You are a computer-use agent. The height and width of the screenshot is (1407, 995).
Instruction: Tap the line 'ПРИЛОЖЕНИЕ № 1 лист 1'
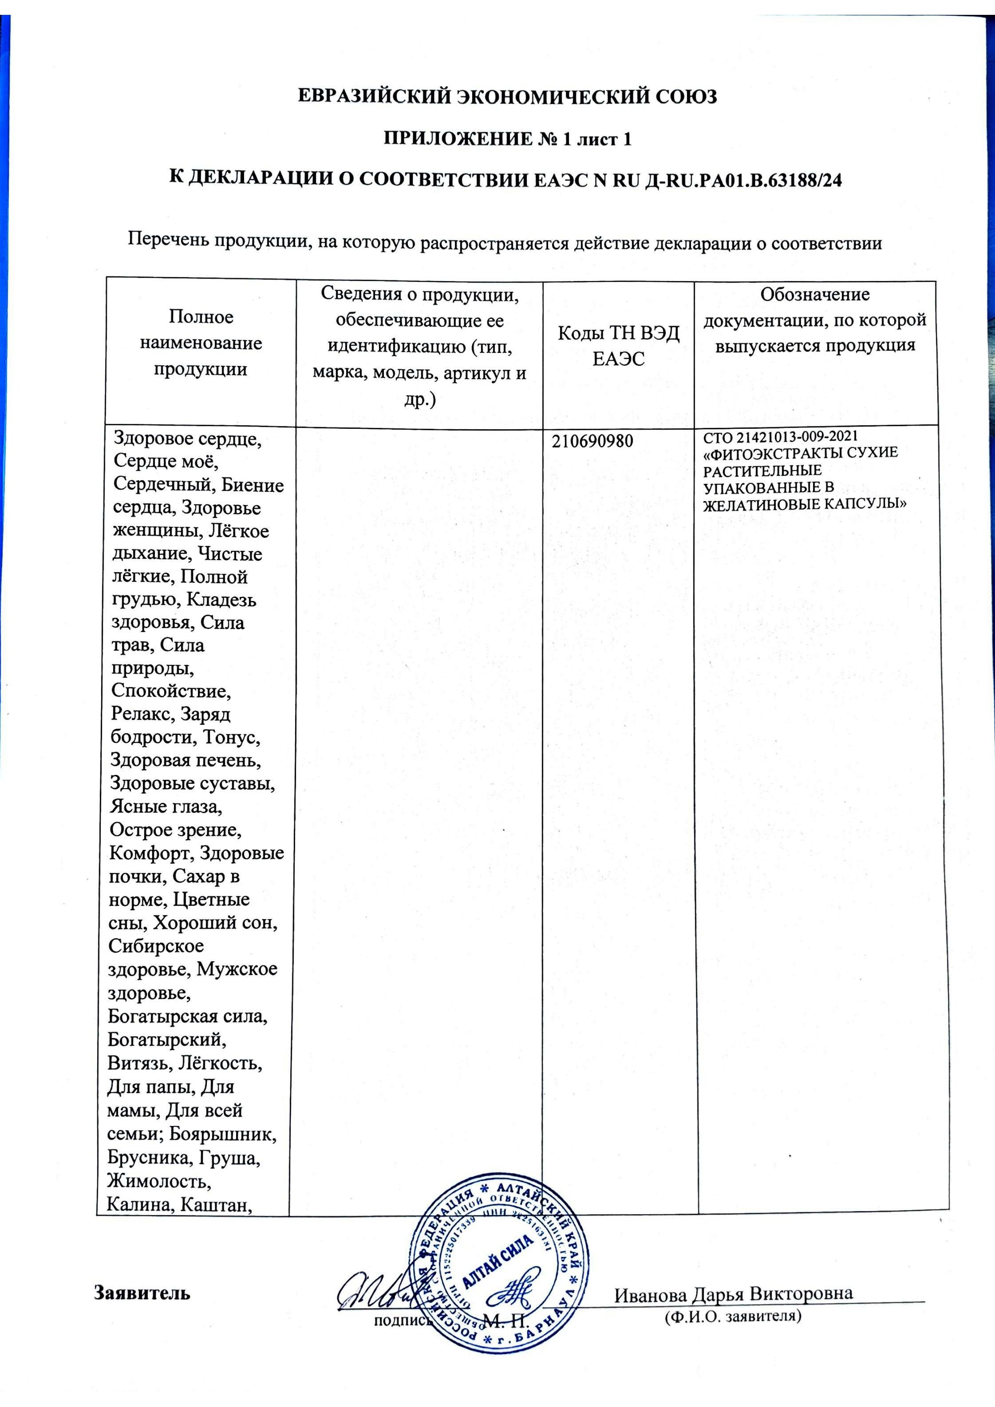(x=507, y=139)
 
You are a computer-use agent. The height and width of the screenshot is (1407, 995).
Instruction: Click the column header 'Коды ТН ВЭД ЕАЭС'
(x=618, y=346)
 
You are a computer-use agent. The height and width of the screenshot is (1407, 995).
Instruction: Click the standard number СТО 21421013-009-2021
(x=780, y=437)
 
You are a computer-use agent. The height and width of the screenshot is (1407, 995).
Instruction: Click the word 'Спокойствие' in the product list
(x=171, y=691)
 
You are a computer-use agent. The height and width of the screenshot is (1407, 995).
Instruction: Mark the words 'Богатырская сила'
(x=188, y=1016)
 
